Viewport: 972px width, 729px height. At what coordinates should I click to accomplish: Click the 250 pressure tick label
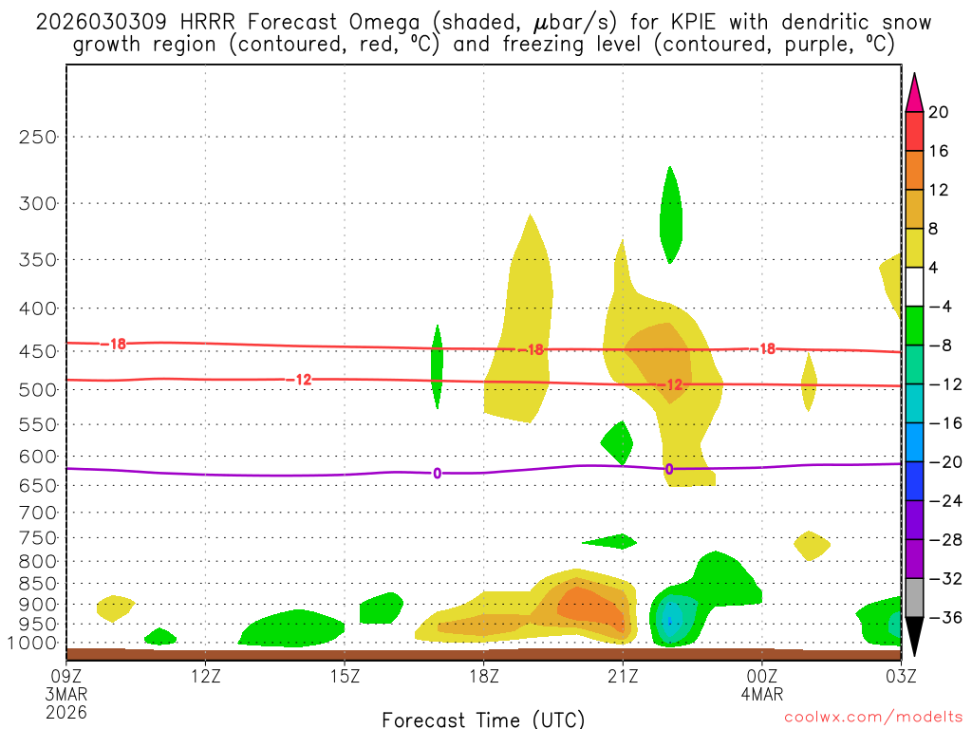pos(38,137)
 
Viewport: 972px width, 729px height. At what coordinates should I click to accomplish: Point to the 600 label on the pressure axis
pos(38,457)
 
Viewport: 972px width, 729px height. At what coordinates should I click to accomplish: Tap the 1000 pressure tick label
pos(33,644)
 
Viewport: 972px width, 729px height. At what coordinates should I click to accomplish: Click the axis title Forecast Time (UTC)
pos(483,719)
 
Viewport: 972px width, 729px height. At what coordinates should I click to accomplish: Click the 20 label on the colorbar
pos(939,112)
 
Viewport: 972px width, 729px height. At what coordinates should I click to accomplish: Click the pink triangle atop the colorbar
pos(913,93)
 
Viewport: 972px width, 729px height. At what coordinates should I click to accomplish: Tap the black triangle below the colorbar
pos(913,637)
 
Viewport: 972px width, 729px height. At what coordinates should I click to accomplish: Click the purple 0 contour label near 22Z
pos(669,469)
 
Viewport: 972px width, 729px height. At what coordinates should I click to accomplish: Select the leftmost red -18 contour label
pos(118,344)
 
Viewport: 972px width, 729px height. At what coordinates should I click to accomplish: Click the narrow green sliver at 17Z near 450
pos(437,365)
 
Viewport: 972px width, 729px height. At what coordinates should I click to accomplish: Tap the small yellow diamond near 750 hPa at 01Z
pos(811,546)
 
